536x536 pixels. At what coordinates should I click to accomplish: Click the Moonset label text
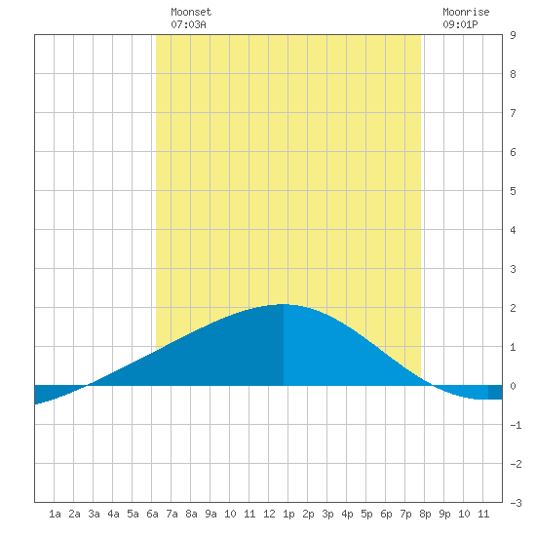191,12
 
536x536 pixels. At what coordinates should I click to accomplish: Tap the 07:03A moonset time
188,24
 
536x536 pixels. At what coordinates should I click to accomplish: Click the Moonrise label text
466,12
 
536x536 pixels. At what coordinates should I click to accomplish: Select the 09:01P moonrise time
460,24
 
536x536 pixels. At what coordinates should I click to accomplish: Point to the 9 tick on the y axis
513,35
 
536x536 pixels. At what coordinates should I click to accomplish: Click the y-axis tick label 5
513,191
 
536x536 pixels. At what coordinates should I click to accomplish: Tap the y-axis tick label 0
513,386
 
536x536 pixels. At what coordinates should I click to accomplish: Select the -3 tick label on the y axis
516,503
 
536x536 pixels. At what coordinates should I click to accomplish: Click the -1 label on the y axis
516,425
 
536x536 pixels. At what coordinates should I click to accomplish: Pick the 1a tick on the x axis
55,514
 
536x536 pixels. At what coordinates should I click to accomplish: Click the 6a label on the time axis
152,514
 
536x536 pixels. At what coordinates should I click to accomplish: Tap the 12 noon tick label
269,514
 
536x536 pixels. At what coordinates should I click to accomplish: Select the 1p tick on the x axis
288,514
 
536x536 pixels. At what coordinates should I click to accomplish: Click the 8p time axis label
425,514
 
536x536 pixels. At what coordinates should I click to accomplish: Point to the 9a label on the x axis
211,514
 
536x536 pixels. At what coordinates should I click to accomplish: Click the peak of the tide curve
283,304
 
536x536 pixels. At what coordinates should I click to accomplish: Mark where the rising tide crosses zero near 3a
88,386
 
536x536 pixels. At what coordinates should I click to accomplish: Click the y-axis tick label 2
513,308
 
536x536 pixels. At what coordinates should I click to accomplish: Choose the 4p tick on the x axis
347,514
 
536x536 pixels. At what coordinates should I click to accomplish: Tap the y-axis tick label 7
513,113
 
